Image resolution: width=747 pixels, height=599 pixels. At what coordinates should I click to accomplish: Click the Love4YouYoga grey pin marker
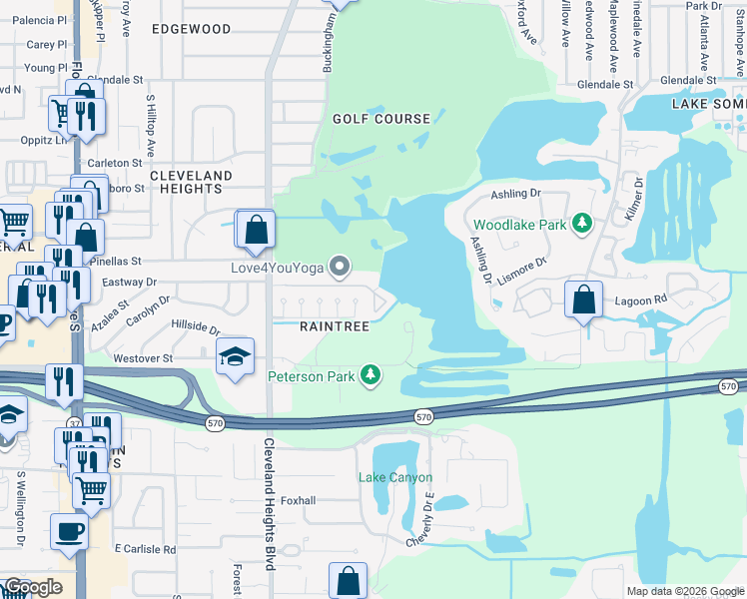click(341, 267)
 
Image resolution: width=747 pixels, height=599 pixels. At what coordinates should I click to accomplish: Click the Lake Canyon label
click(395, 477)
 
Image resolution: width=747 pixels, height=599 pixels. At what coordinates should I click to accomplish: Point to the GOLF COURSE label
click(381, 119)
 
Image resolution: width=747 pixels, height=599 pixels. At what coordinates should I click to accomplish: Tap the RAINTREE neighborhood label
click(336, 326)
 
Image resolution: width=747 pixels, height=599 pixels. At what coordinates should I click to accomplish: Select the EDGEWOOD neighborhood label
click(192, 29)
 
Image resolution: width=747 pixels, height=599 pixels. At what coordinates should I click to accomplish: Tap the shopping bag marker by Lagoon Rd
click(583, 298)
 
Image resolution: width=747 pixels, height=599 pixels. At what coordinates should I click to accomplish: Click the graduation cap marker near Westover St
click(235, 356)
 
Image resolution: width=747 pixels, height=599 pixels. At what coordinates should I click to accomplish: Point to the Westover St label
click(143, 357)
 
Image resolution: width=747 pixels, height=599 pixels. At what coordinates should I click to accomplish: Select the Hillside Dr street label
click(195, 326)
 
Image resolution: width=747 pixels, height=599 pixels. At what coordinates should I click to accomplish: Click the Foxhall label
click(299, 500)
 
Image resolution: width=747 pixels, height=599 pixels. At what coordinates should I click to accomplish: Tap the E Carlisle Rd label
click(146, 549)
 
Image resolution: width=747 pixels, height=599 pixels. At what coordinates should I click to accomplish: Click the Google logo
click(33, 587)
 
